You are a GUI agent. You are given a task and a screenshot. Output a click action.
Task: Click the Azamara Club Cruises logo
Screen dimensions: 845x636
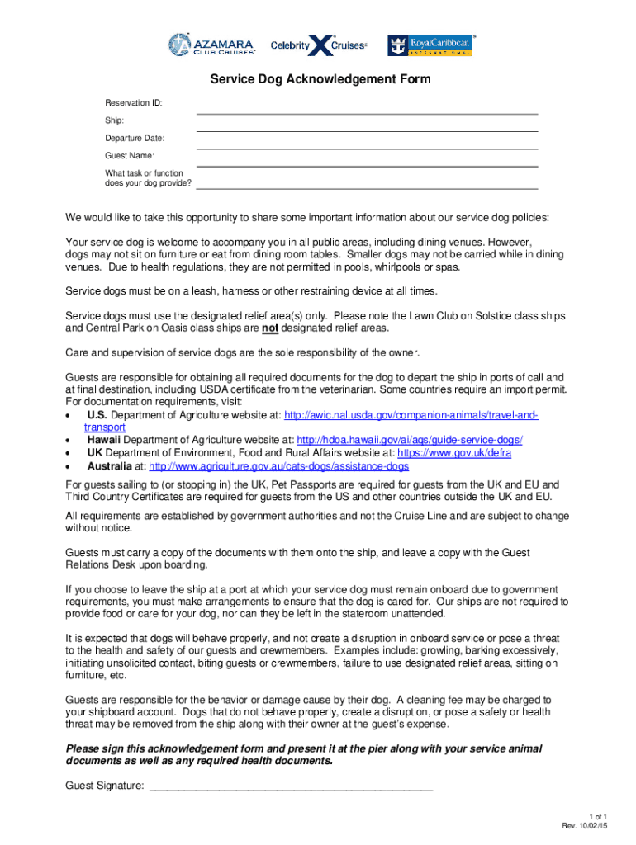tap(212, 45)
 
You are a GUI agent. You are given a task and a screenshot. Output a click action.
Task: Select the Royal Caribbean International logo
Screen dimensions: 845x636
tap(430, 46)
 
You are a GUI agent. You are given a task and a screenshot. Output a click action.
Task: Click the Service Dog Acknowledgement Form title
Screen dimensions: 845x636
tap(320, 80)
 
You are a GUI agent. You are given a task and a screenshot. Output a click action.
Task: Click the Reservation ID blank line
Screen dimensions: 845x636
tap(367, 111)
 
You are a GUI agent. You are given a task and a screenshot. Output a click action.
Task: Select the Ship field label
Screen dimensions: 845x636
tap(114, 120)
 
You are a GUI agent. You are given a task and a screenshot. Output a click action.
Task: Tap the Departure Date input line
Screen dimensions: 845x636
tap(367, 147)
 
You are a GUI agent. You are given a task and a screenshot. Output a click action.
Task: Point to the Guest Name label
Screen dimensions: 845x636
tap(129, 155)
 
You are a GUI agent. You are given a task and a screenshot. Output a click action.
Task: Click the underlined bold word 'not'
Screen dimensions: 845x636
tap(269, 328)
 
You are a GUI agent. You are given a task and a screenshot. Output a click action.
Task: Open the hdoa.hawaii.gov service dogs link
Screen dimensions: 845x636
tap(409, 440)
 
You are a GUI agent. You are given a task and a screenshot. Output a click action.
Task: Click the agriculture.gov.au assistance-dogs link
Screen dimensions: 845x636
tap(278, 466)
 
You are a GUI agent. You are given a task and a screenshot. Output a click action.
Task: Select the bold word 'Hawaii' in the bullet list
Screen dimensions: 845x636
tap(104, 440)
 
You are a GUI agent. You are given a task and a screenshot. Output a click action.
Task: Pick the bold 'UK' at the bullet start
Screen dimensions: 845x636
tap(95, 453)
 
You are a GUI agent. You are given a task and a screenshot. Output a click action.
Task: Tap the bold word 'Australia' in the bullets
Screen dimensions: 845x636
tap(110, 466)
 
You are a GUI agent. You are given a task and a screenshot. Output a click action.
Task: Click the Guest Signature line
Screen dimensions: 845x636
tap(290, 786)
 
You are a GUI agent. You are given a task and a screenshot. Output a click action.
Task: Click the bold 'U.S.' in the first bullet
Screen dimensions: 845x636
tap(97, 414)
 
